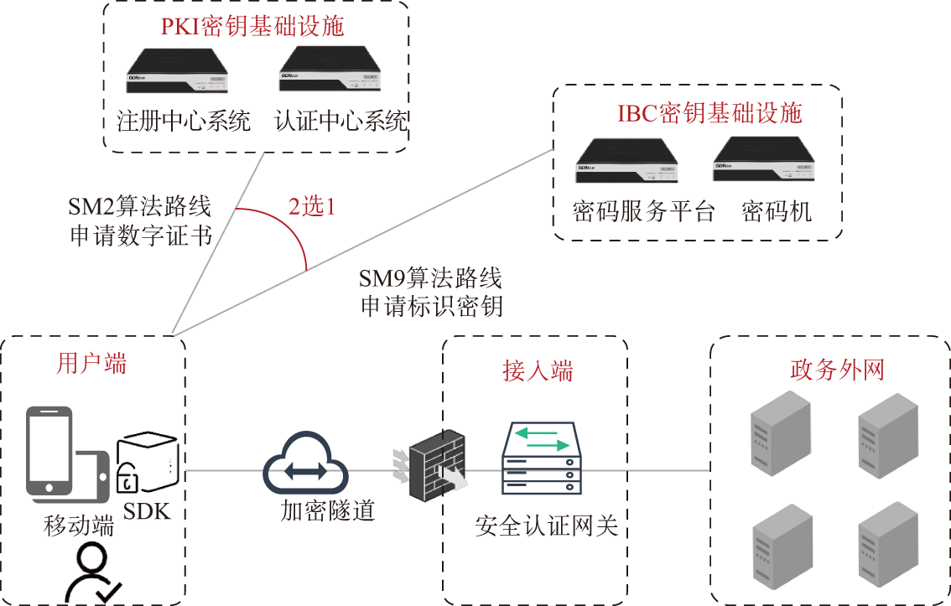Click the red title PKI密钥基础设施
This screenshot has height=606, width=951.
click(252, 26)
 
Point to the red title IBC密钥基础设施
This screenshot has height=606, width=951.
click(709, 113)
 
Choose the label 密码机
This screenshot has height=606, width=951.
click(777, 211)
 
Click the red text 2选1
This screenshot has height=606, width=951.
click(312, 207)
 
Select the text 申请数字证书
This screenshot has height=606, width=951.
click(140, 236)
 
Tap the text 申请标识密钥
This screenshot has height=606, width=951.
click(431, 306)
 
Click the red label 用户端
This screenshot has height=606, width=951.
click(92, 364)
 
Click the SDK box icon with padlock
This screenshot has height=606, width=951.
click(147, 464)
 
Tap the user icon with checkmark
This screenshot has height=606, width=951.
click(91, 574)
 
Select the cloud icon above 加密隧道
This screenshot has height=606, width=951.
click(305, 466)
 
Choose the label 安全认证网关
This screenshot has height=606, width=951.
click(546, 526)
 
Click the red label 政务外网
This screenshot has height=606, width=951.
click(837, 370)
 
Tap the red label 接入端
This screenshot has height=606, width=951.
click(538, 371)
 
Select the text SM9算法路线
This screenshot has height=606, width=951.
click(430, 278)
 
